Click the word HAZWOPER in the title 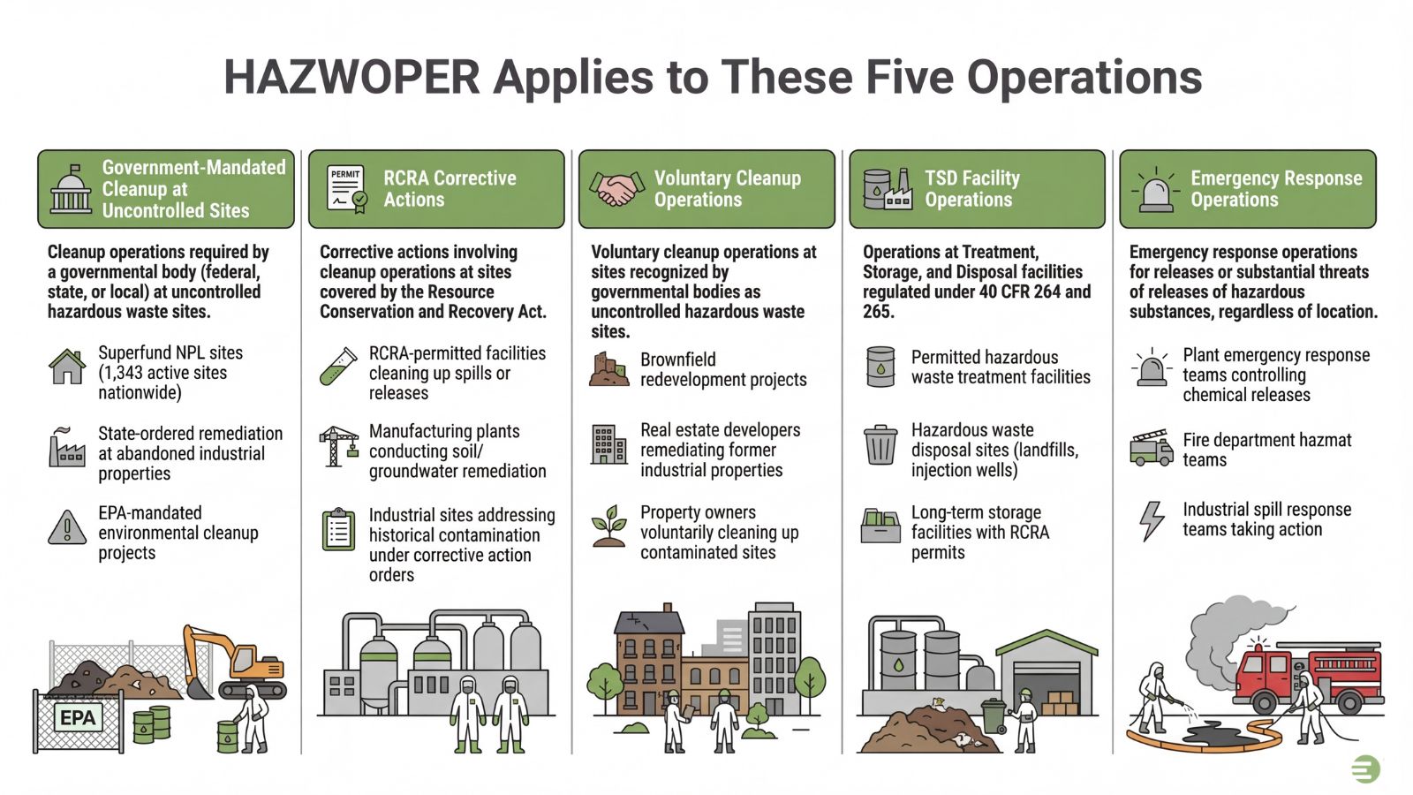pos(351,77)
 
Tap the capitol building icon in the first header pos(71,189)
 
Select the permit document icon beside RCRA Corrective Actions pos(346,189)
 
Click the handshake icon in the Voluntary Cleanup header pos(616,189)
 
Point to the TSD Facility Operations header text pos(971,189)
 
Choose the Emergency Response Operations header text pos(1275,189)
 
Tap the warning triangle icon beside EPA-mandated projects pos(67,528)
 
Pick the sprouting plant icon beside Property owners pos(609,526)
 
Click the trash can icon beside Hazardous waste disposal pos(880,445)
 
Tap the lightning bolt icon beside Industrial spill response pos(1152,520)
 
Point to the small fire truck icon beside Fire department pos(1151,448)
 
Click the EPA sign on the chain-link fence pos(78,717)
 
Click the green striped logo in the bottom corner pos(1365,768)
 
